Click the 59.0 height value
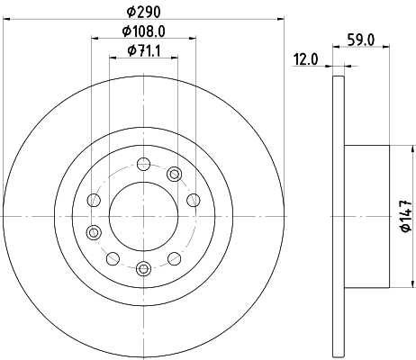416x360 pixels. [x=361, y=40]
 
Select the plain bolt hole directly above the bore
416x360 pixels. [x=142, y=164]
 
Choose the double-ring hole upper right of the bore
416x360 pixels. [x=175, y=174]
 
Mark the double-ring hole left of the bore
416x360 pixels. [x=92, y=232]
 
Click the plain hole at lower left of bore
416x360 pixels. [x=112, y=259]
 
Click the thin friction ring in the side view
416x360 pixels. [x=338, y=216]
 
